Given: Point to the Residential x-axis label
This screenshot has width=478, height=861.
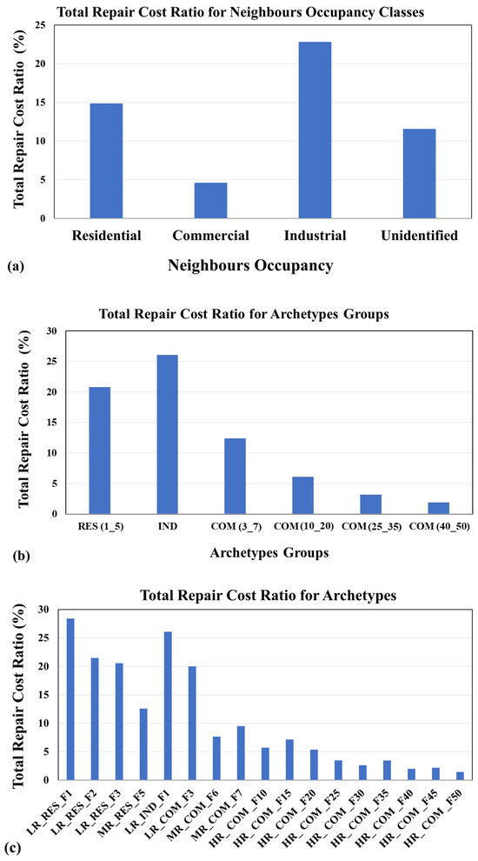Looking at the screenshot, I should click(x=107, y=236).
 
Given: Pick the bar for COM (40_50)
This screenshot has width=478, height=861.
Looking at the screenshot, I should click(x=438, y=508).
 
